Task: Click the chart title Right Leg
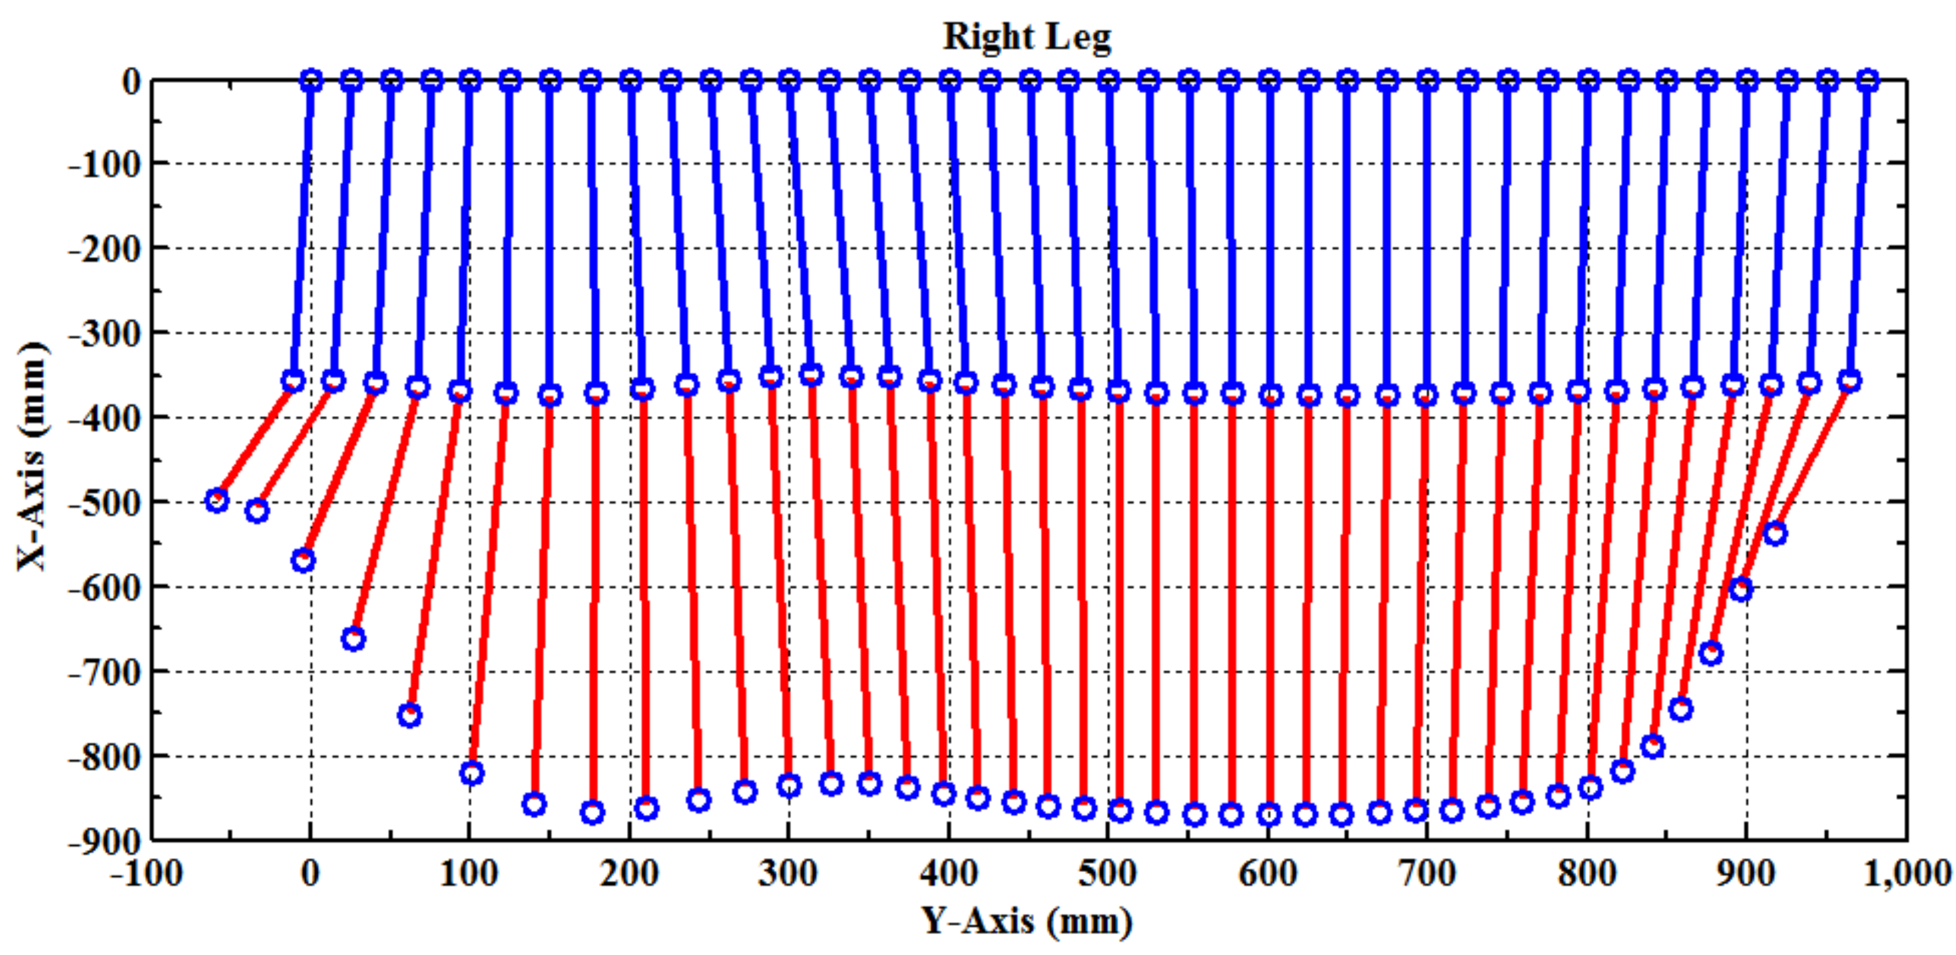tap(1026, 36)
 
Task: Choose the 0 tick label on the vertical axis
tap(131, 81)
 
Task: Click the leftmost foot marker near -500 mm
tap(217, 500)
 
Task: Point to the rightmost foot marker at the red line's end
tap(1774, 534)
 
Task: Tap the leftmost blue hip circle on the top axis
tap(311, 81)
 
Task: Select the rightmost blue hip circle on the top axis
tap(1869, 81)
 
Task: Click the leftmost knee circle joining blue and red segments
tap(293, 381)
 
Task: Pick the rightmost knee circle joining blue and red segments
tap(1850, 381)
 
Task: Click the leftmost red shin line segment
tap(255, 440)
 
